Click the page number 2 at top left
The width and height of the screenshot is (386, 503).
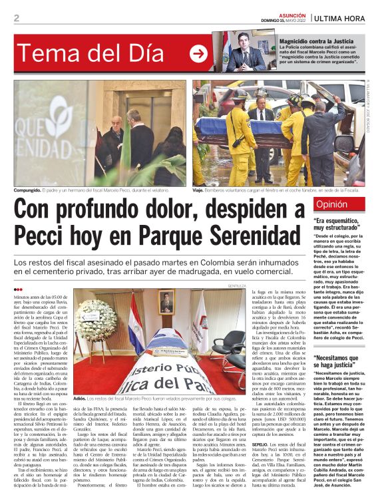tap(16, 18)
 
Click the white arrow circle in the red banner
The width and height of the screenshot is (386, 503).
tap(198, 54)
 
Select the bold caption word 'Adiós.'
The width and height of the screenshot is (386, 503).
tap(82, 399)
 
